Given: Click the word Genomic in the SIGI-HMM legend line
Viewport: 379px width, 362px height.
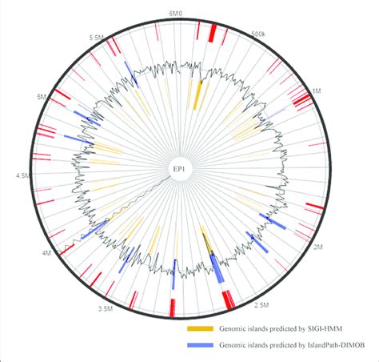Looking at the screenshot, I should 237,328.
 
